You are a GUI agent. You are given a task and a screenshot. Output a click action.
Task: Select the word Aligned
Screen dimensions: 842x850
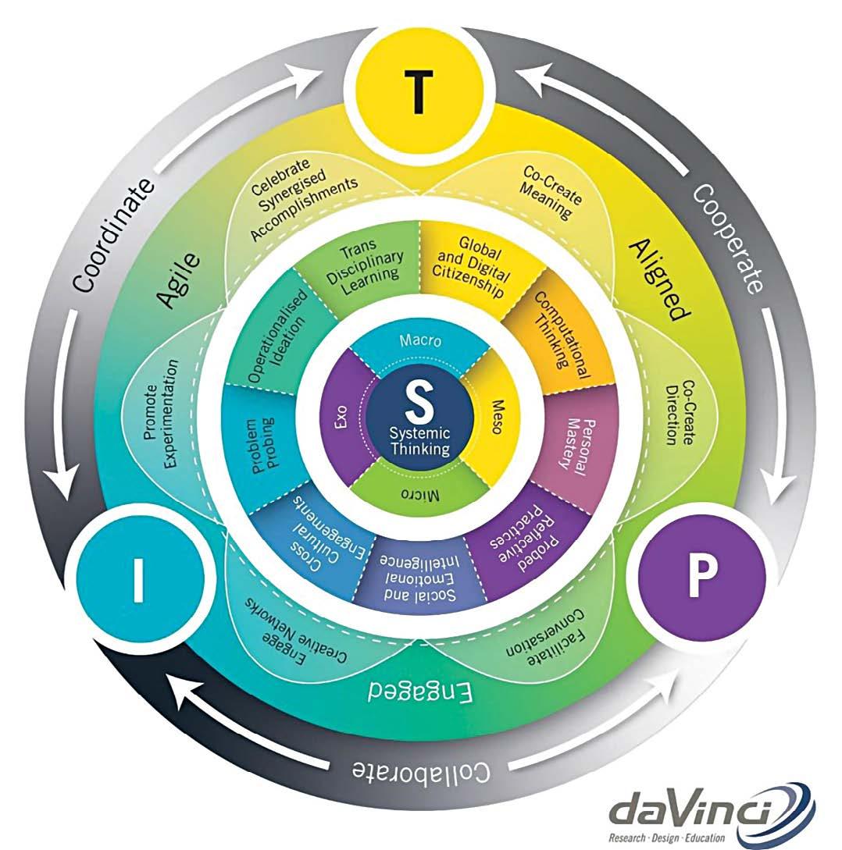click(x=660, y=279)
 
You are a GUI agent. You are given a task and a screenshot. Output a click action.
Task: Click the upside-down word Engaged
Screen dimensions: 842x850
click(x=420, y=692)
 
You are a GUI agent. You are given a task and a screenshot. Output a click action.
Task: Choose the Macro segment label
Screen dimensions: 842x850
click(x=420, y=340)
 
